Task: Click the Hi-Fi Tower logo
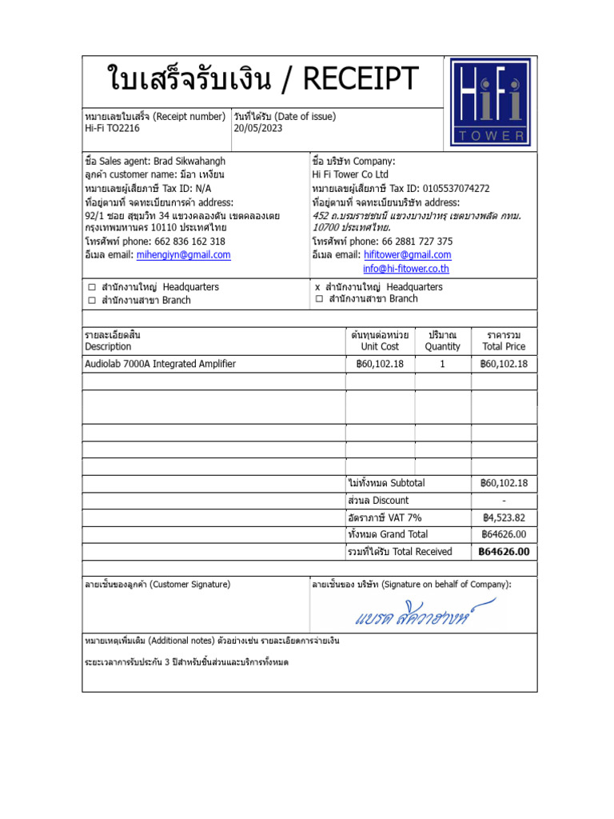pos(488,102)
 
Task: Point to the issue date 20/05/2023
pos(258,128)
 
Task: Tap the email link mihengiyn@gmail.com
pos(183,255)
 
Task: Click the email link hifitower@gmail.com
pos(407,255)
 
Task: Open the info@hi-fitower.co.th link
pos(406,269)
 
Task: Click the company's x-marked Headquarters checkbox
pos(318,287)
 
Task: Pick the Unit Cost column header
pos(380,347)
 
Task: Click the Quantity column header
pos(442,347)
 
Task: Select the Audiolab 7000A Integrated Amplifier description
pos(160,364)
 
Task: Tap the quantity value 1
pos(442,364)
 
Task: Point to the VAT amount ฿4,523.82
pos(503,517)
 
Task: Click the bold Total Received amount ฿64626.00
pos(503,552)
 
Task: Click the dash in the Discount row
pos(504,501)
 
